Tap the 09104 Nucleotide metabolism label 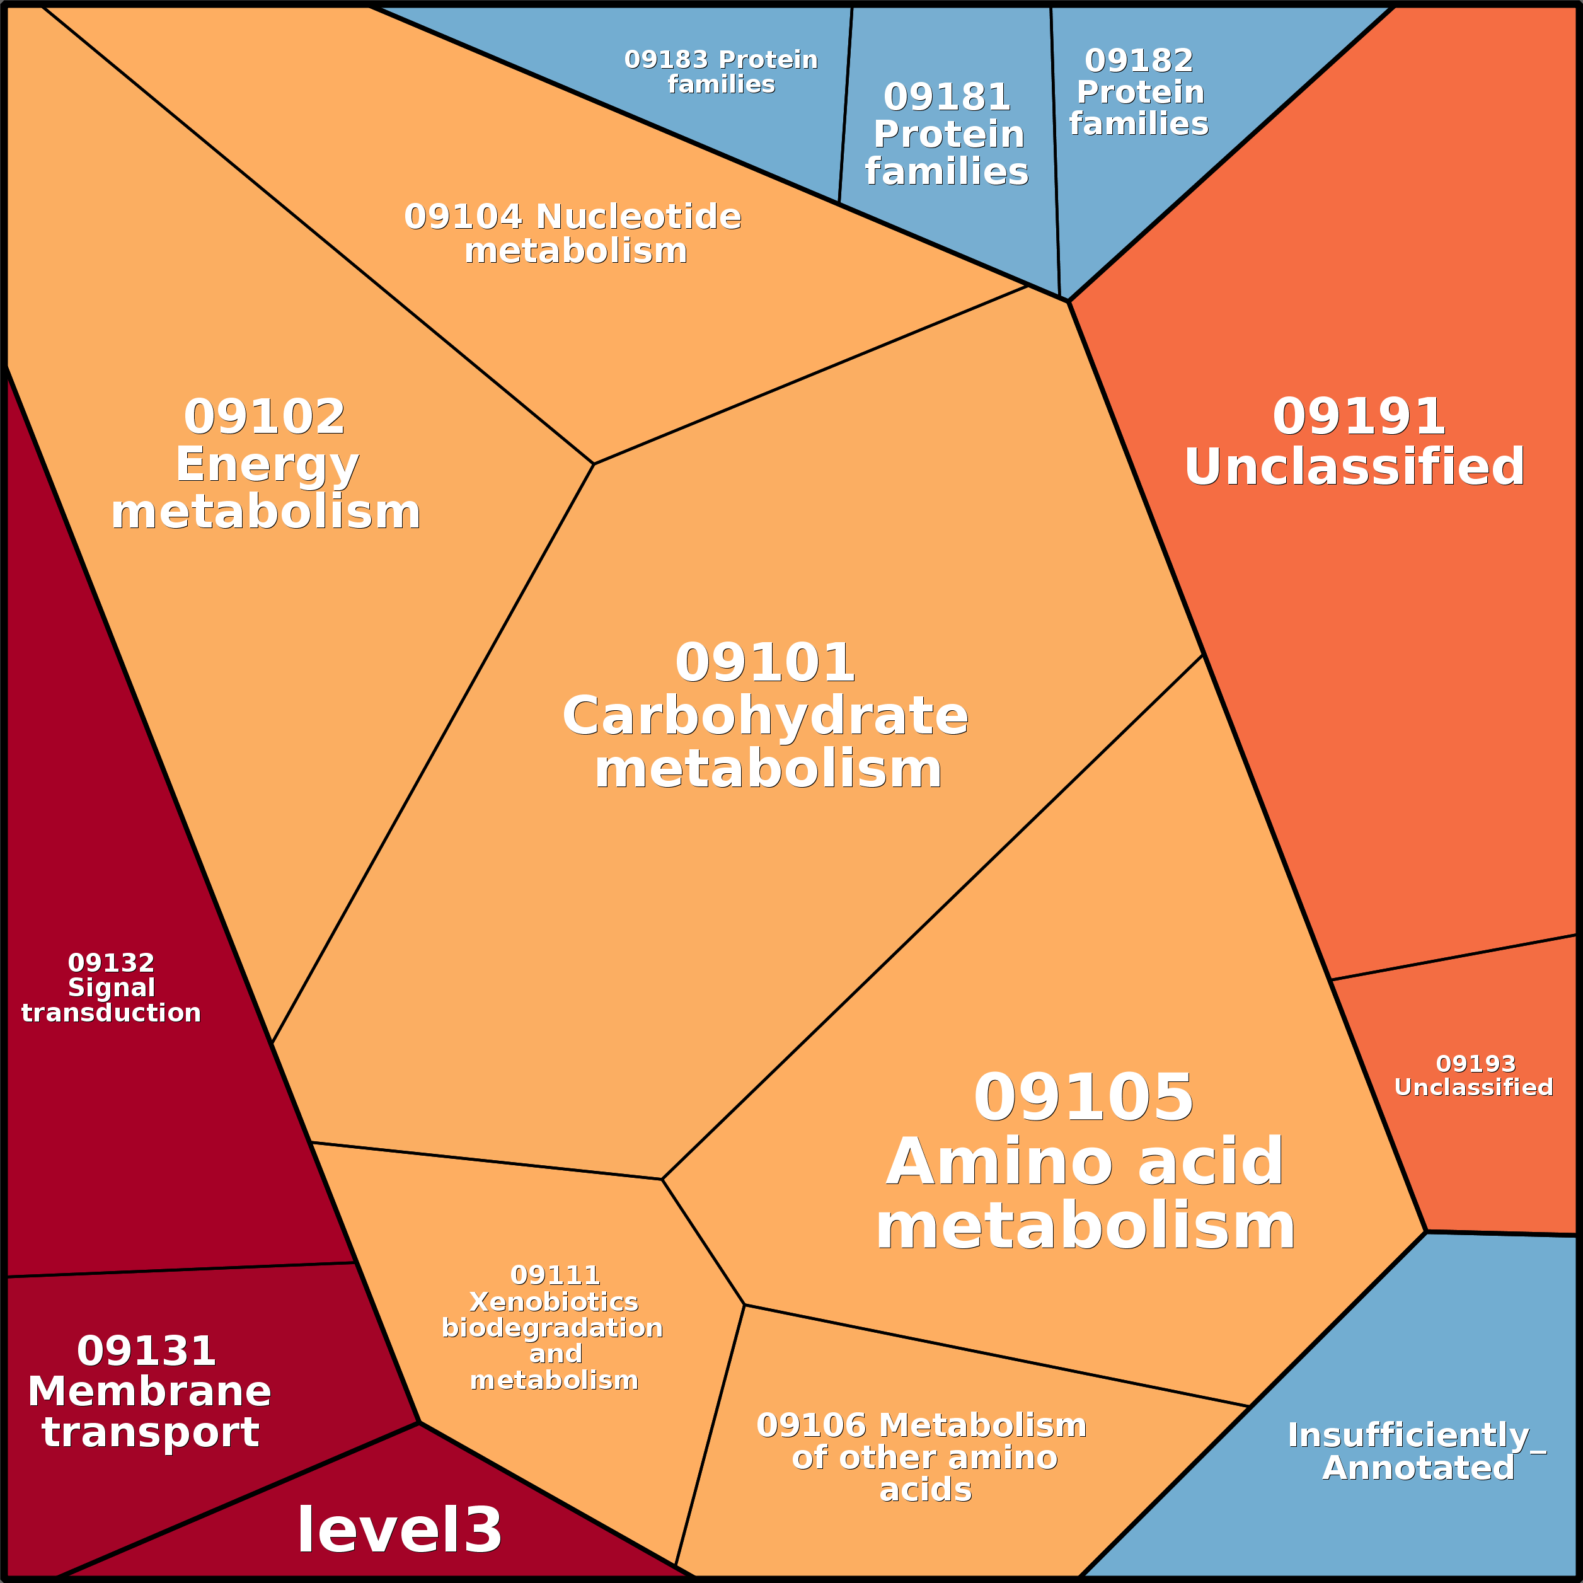(x=573, y=234)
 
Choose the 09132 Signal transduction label (x=112, y=987)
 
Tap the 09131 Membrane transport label (x=149, y=1392)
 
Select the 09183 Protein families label (x=721, y=72)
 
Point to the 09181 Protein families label (x=947, y=134)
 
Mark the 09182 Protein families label (x=1139, y=92)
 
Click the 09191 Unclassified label (x=1356, y=442)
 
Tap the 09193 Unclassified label (x=1475, y=1076)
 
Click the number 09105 (x=1083, y=1098)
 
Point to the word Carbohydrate (x=765, y=716)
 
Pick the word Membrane (x=149, y=1392)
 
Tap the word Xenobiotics (x=553, y=1301)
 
